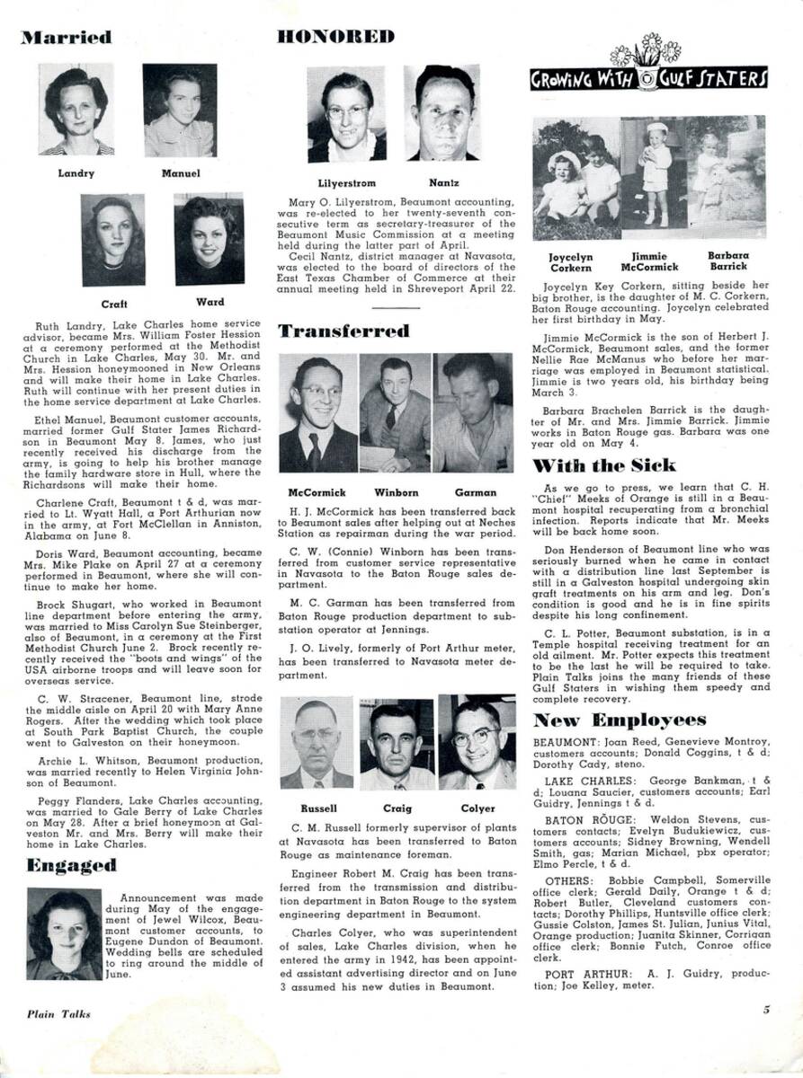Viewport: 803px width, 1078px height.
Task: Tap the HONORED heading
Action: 336,37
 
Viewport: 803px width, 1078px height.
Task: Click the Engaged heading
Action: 71,866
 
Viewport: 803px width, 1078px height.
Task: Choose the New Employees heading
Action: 620,720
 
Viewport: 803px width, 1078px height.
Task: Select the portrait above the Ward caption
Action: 209,241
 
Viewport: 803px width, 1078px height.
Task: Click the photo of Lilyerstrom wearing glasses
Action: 346,115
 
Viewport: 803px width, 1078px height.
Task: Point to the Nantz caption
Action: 444,183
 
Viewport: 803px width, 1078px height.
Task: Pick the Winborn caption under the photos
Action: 397,492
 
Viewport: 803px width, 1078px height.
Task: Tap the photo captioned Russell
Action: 317,742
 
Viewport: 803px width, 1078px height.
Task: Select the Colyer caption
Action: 477,808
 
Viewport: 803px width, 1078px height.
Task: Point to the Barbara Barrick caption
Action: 727,261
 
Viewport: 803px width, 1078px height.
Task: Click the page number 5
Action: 766,1009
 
